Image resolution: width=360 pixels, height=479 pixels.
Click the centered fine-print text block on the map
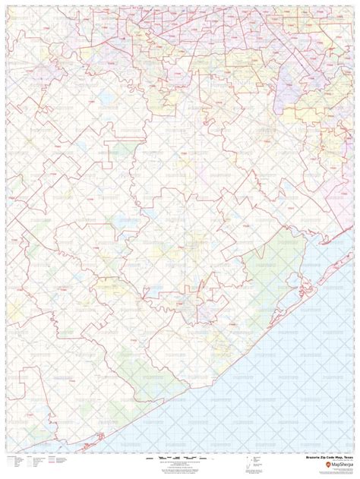[180, 250]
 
